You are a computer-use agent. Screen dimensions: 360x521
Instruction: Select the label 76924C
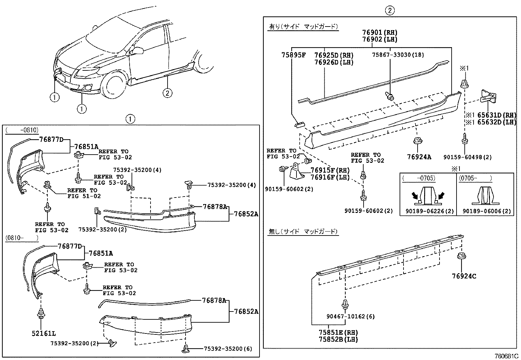tap(464, 276)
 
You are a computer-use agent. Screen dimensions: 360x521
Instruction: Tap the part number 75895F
tap(293, 55)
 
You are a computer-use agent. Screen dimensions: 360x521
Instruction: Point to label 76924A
tap(419, 157)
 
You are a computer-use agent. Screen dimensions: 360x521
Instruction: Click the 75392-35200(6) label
tap(228, 349)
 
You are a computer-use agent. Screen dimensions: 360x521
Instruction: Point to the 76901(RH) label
tap(380, 32)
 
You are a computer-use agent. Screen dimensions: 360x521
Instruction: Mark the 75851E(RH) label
tap(338, 332)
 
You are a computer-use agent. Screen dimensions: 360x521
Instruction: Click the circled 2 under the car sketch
tap(167, 93)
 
